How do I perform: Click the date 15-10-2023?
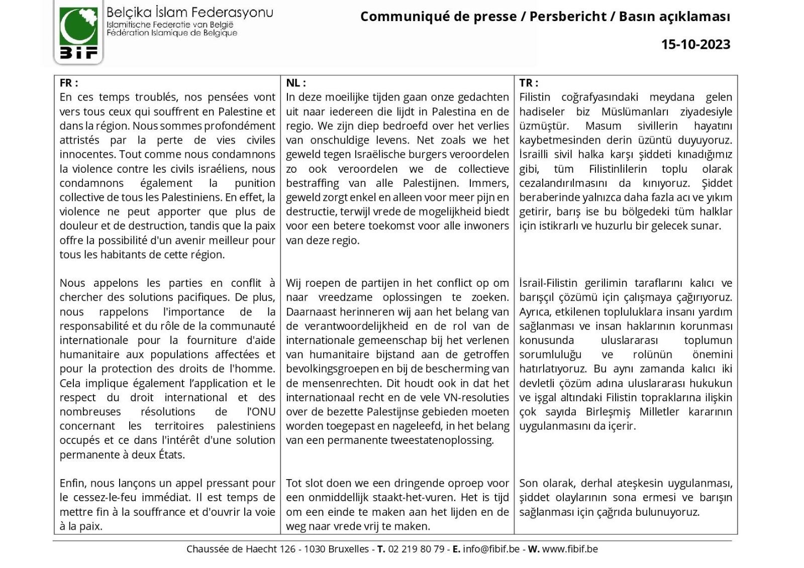coord(695,44)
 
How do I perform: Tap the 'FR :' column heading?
coord(69,83)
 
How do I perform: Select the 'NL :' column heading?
coord(296,83)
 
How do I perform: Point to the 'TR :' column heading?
coord(529,83)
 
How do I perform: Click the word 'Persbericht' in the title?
coord(568,17)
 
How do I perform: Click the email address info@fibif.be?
coord(491,549)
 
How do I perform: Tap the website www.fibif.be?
coord(570,549)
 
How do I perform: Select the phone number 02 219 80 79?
coord(416,549)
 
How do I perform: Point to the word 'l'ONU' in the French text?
coord(261,412)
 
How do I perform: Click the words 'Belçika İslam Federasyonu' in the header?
coord(189,12)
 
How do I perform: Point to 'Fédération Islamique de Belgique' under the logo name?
coord(171,33)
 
